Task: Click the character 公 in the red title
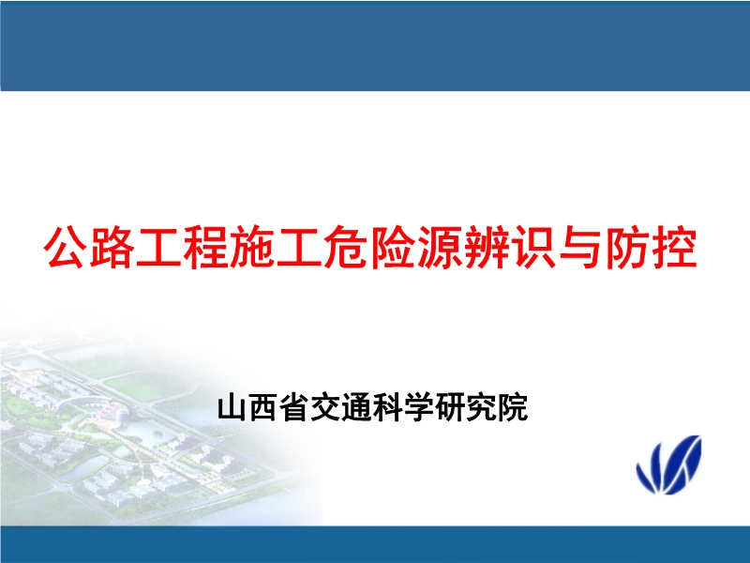[x=68, y=248]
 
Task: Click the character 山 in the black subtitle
[x=232, y=409]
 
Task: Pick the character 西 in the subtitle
[x=262, y=409]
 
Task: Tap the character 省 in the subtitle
[x=294, y=409]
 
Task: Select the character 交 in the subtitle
[x=325, y=409]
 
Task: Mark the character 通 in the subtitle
[x=357, y=409]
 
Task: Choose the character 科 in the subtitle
[x=388, y=409]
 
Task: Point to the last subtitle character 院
[x=514, y=409]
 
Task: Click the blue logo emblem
[x=668, y=464]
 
